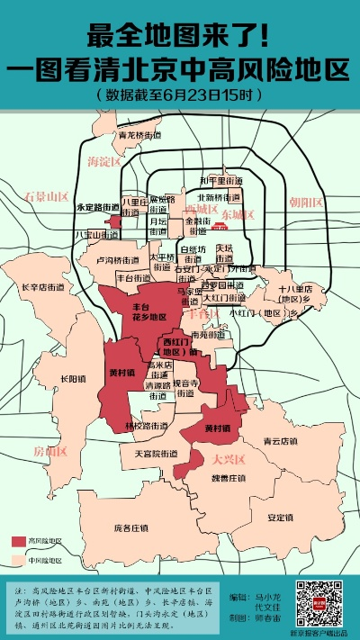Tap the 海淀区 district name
click(x=104, y=161)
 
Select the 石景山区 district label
click(x=47, y=195)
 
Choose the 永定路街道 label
click(x=98, y=206)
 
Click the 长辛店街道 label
click(x=42, y=287)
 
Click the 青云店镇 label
click(x=279, y=442)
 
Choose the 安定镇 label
click(x=282, y=518)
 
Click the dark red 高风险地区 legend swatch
click(x=22, y=541)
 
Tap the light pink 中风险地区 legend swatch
click(x=22, y=559)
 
